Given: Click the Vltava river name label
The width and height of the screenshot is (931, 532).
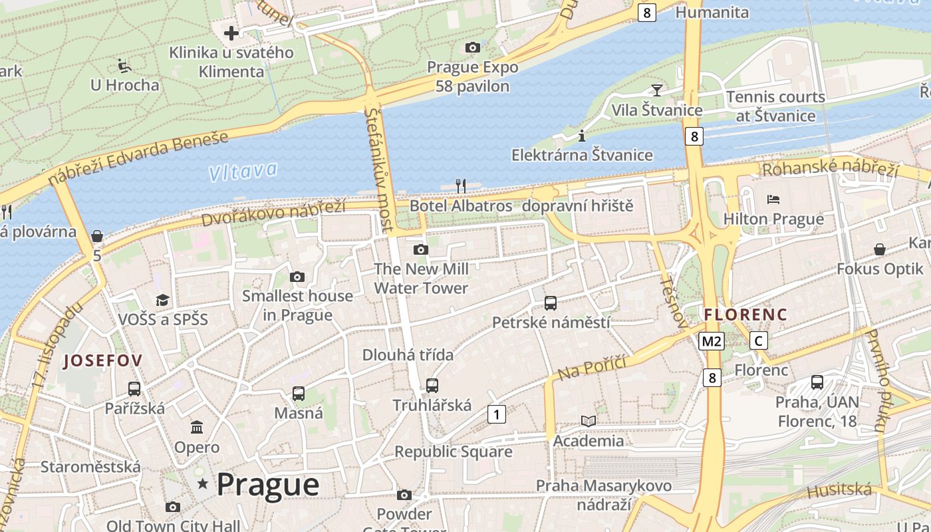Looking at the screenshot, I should coord(242,172).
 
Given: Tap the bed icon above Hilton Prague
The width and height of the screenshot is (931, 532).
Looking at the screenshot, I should coord(773,199).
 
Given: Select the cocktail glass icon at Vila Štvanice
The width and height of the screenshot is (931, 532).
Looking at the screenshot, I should coord(657,90).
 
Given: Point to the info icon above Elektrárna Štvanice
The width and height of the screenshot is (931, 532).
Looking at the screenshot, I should coord(582,136).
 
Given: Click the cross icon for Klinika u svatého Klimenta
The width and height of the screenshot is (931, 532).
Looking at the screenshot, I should coord(231,33).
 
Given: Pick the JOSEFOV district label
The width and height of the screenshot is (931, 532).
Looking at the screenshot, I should coord(103,361).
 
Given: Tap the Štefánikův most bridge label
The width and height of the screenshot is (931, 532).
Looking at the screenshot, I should coord(379,169).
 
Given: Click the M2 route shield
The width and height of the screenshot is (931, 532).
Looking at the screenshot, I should coord(711,341).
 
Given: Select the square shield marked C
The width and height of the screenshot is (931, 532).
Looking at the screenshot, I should coord(758,341).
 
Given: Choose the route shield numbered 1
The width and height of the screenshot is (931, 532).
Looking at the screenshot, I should coord(496,414).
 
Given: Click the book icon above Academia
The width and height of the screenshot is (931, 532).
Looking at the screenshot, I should coord(589,421).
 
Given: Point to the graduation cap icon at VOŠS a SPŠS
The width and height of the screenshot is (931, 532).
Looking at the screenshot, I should coord(163,300).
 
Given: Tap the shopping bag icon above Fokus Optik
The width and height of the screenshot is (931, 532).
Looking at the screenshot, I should coord(879,249).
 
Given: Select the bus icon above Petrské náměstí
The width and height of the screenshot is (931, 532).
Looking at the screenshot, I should coord(551,303).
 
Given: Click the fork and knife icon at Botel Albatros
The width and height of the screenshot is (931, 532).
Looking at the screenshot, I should coord(460,186).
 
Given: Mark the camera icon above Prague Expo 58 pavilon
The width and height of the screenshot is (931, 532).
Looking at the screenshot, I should coord(473,47).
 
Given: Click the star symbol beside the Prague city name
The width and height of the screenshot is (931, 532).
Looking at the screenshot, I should coord(202,484).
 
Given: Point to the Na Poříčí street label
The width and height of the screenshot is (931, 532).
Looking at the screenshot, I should coord(593,368).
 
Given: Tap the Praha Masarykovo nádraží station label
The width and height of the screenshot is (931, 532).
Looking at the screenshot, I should coord(603,495).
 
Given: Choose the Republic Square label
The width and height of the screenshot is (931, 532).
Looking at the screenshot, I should coord(454,452).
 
